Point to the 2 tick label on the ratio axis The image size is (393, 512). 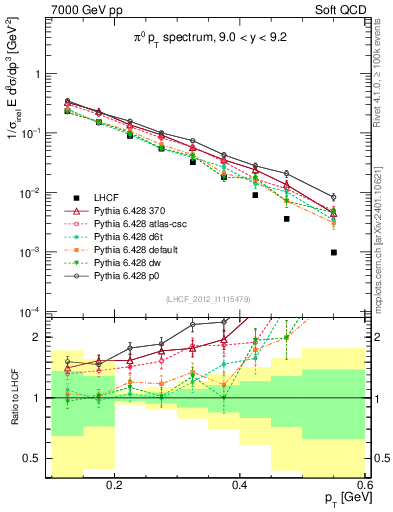coord(41,337)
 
